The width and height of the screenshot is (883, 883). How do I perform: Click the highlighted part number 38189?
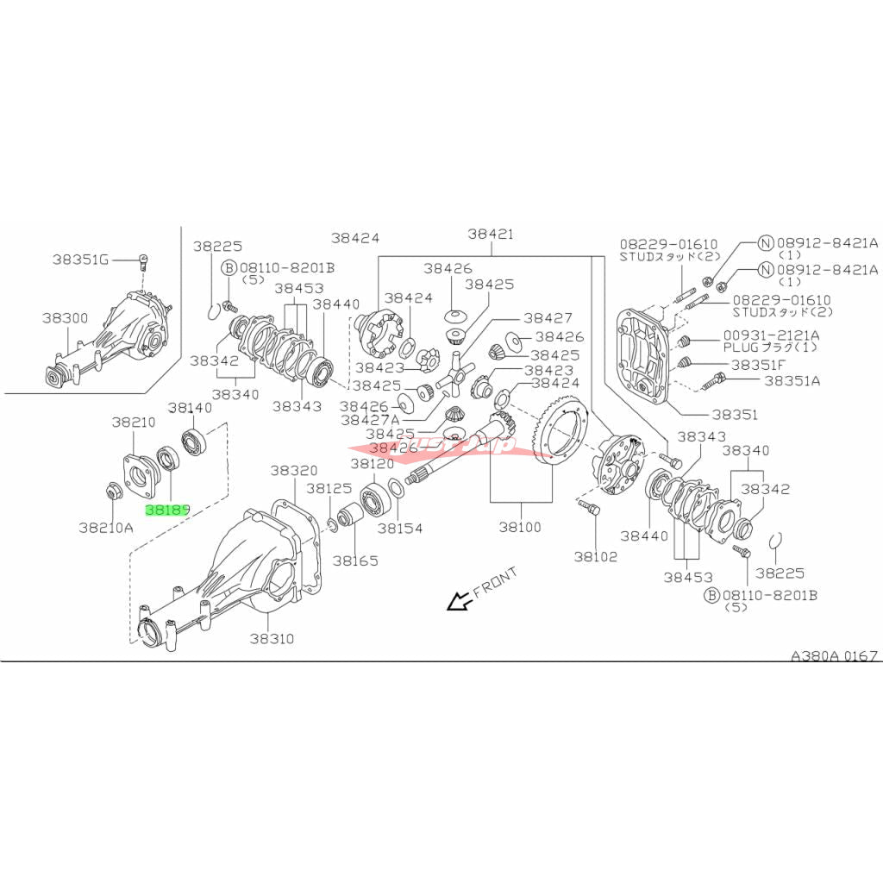pos(167,510)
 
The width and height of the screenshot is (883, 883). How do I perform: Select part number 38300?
pos(65,317)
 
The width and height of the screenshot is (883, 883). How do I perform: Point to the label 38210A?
pos(105,526)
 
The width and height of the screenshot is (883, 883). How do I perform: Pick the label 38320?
pos(293,471)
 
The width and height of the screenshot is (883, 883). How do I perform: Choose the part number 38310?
pos(272,639)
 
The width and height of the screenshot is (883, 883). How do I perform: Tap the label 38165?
pos(356,560)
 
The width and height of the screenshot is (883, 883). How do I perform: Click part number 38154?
pos(399,528)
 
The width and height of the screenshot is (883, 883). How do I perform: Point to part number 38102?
pos(596,556)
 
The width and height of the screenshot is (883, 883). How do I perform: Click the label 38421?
pos(491,234)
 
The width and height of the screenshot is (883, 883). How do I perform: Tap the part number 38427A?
pos(371,419)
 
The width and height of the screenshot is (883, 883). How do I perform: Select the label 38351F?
pos(758,365)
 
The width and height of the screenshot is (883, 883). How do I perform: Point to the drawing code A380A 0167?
pos(835,655)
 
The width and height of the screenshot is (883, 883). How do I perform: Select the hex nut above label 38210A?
pos(112,492)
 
